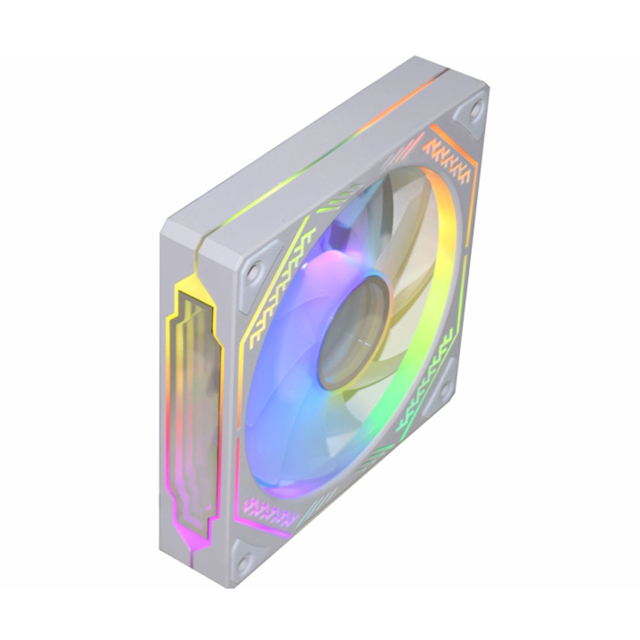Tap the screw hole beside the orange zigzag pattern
point(475,109)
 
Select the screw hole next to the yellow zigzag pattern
point(254,271)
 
